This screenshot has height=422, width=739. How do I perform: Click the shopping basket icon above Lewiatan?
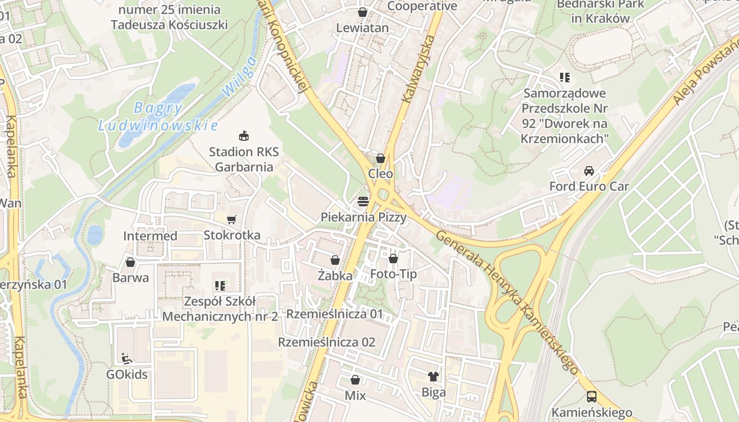363,12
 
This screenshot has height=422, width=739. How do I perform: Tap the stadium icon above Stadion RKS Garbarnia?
243,136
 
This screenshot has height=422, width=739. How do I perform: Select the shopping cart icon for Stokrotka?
231,219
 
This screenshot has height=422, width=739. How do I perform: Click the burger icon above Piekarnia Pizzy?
363,201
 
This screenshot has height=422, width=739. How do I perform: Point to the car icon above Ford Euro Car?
589,170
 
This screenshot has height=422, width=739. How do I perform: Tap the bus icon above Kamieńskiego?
592,396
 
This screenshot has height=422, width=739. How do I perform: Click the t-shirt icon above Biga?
433,376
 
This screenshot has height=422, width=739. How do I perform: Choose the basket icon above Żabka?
335,260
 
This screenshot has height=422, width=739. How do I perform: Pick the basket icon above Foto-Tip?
393,258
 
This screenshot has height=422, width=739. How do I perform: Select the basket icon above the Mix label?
355,379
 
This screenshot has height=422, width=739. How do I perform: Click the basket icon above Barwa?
130,262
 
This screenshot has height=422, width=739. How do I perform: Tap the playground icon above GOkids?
126,359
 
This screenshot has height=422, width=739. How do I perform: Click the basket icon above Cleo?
380,158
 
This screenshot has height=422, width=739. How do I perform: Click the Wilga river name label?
239,76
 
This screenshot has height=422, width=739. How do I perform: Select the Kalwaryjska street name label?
418,69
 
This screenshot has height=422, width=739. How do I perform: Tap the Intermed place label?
150,236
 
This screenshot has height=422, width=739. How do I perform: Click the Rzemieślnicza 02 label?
327,342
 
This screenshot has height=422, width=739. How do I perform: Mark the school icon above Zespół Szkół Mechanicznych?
220,286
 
